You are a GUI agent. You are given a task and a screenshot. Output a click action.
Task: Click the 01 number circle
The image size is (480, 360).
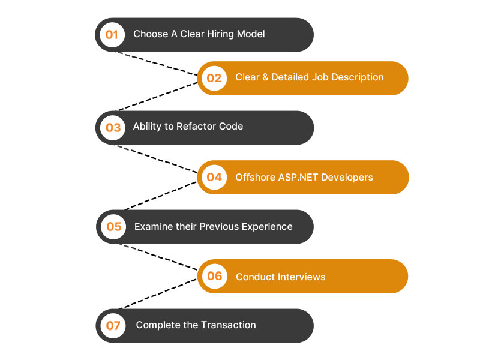(112, 34)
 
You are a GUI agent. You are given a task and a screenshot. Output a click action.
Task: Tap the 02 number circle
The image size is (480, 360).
(214, 78)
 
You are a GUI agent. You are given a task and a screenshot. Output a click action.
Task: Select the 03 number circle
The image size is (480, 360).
(113, 127)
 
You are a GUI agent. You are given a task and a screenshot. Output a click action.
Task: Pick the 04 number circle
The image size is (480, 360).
(214, 177)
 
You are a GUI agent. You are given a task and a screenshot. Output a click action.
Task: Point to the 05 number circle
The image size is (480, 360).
(113, 227)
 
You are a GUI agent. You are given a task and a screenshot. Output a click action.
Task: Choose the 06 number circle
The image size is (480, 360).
(214, 276)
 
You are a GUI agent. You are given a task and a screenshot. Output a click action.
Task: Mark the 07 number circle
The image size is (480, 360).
(113, 326)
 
